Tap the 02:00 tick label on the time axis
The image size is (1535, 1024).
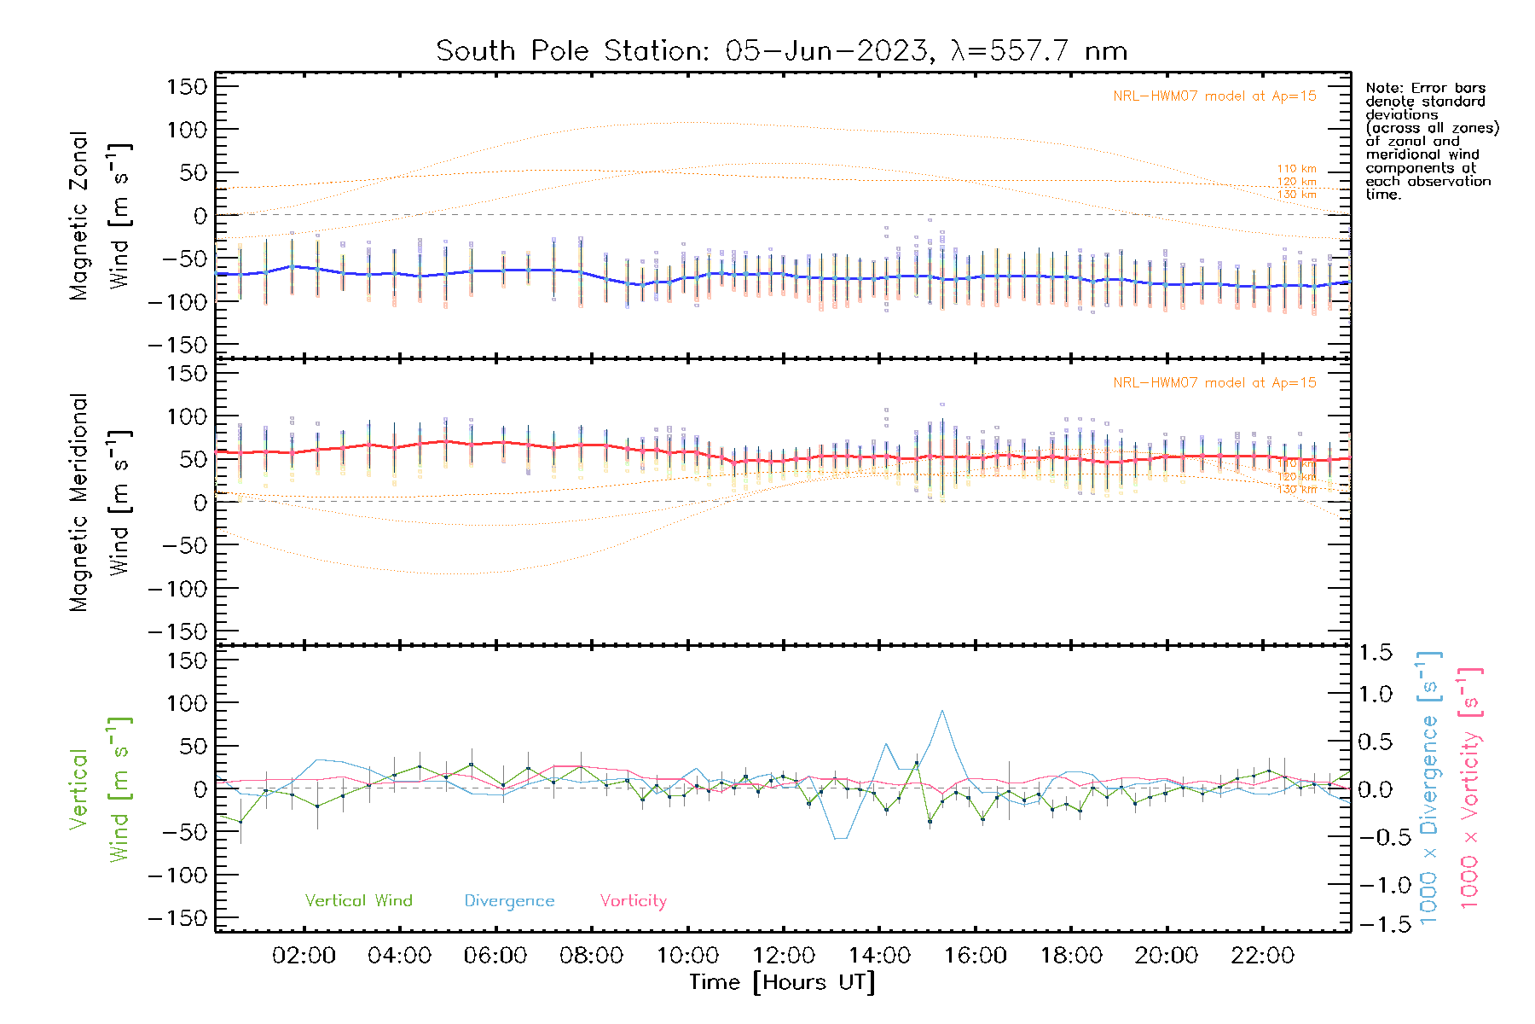304,956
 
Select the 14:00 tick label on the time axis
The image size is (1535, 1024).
879,956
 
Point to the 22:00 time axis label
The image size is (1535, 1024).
1263,956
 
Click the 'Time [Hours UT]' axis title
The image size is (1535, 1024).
782,982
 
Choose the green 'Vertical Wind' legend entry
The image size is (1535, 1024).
358,901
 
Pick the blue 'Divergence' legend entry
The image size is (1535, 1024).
509,901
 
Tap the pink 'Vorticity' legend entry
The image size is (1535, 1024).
633,901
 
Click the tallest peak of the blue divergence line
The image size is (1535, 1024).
941,711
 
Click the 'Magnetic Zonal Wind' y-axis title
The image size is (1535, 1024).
101,215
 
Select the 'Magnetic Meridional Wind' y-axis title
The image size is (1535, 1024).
101,502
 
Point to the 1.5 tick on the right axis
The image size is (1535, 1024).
1375,653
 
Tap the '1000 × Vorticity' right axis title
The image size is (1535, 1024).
1470,788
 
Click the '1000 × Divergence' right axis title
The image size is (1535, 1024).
1429,788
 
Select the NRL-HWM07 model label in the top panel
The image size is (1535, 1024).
1214,96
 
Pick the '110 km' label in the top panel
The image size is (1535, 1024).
1296,169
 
